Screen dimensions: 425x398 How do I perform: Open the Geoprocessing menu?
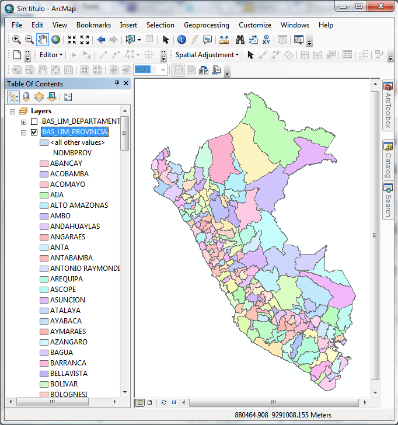click(206, 25)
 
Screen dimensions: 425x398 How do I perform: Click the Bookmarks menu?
click(93, 25)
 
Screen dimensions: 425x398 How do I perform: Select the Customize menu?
click(255, 25)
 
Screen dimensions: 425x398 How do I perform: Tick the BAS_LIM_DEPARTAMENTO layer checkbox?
click(34, 121)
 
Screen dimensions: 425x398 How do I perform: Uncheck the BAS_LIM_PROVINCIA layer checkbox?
click(34, 132)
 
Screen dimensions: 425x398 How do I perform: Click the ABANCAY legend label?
click(66, 163)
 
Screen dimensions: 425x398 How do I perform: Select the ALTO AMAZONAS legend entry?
click(79, 205)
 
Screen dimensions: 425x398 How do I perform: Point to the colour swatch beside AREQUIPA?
click(44, 279)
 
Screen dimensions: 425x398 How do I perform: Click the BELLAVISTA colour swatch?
click(44, 374)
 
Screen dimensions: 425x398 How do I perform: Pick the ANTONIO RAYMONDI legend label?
click(85, 269)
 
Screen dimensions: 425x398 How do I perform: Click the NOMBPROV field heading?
click(72, 153)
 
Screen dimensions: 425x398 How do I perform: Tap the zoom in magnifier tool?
click(16, 40)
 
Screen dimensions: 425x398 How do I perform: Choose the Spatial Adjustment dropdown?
click(207, 55)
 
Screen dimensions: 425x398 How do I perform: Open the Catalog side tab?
click(387, 161)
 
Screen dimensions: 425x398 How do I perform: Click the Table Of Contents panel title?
click(35, 84)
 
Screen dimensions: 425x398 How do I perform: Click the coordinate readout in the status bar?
click(283, 415)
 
